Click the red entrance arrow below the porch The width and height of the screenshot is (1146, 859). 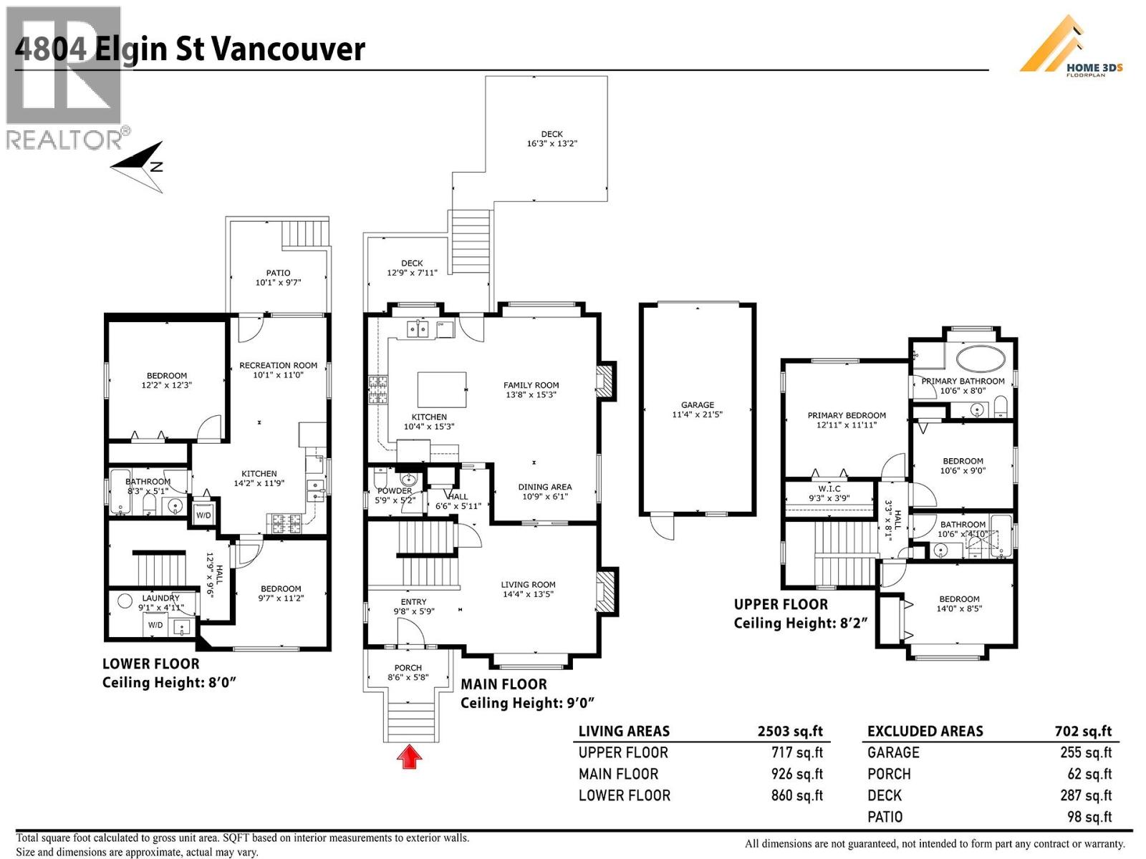click(409, 757)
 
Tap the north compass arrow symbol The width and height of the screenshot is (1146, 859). click(140, 167)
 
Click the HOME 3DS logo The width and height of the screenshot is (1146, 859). click(1071, 49)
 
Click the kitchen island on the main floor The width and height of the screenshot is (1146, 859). click(442, 389)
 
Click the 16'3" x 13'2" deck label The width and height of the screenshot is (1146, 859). click(552, 139)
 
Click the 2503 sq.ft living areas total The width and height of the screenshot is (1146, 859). click(790, 731)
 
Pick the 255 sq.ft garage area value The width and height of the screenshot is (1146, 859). click(1086, 752)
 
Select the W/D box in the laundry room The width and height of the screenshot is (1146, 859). click(155, 625)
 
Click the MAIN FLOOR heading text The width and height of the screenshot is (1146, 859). click(504, 684)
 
